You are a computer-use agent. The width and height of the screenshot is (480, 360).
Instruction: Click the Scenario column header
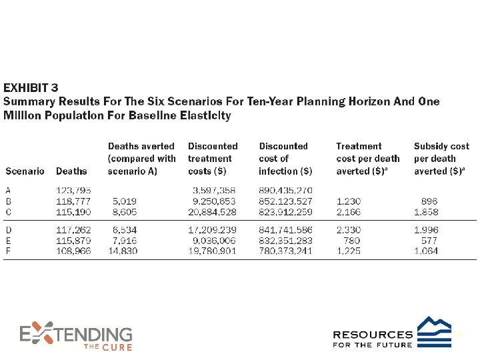[25, 171]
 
